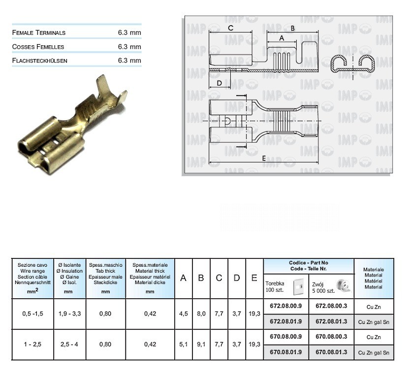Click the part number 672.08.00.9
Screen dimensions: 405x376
pyautogui.click(x=286, y=306)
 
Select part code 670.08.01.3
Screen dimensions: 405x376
pyautogui.click(x=331, y=352)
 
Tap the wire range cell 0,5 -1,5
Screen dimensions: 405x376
pyautogui.click(x=32, y=314)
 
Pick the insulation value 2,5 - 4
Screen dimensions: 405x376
pyautogui.click(x=69, y=344)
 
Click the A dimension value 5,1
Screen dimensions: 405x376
pyautogui.click(x=184, y=344)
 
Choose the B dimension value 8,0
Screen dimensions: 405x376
pyautogui.click(x=201, y=314)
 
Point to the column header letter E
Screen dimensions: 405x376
pyautogui.click(x=254, y=278)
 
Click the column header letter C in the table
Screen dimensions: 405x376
pyautogui.click(x=219, y=278)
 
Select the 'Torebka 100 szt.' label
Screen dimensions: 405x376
pyautogui.click(x=275, y=286)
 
